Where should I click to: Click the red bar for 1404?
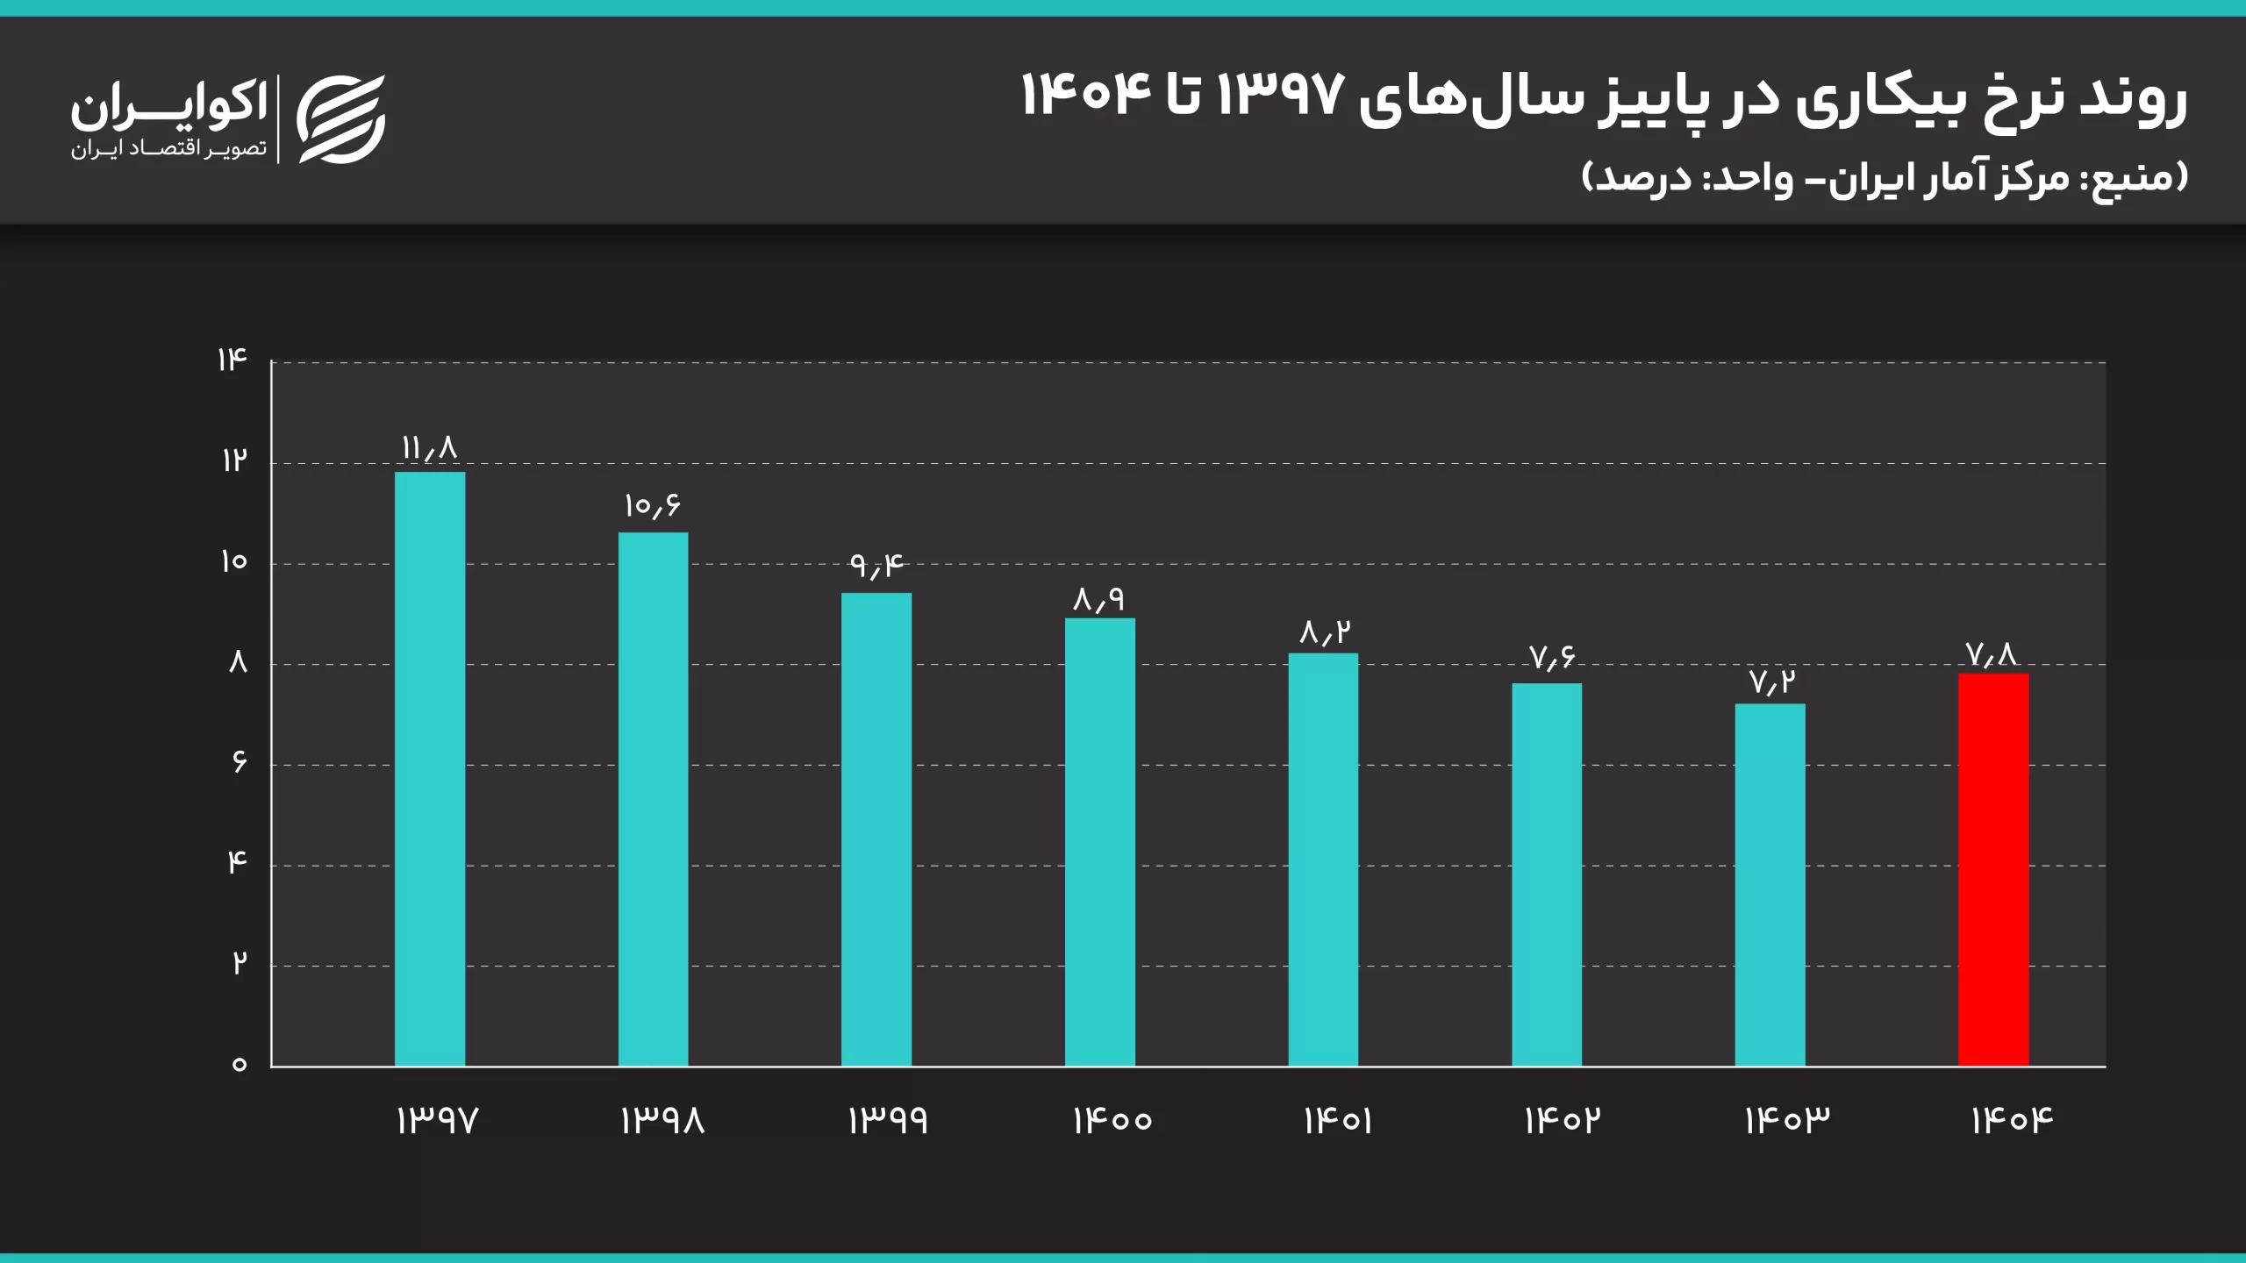coord(1992,869)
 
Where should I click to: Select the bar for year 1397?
coord(430,769)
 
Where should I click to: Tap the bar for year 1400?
coord(1099,842)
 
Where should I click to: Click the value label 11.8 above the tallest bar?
coord(430,449)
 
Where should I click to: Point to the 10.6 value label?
coord(652,506)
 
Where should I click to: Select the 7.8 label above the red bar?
coord(1992,654)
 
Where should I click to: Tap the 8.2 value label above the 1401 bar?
coord(1324,632)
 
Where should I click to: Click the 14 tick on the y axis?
coord(232,360)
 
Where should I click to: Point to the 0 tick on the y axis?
coord(239,1065)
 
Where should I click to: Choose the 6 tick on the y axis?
coord(239,763)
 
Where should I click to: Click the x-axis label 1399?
coord(887,1121)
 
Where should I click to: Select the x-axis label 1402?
coord(1563,1121)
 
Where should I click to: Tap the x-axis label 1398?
coord(662,1121)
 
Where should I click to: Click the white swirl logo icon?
coord(341,119)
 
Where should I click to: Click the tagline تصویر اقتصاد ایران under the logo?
coord(169,149)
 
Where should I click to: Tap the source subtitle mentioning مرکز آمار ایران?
coord(1886,178)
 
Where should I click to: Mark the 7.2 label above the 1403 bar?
coord(1772,681)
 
